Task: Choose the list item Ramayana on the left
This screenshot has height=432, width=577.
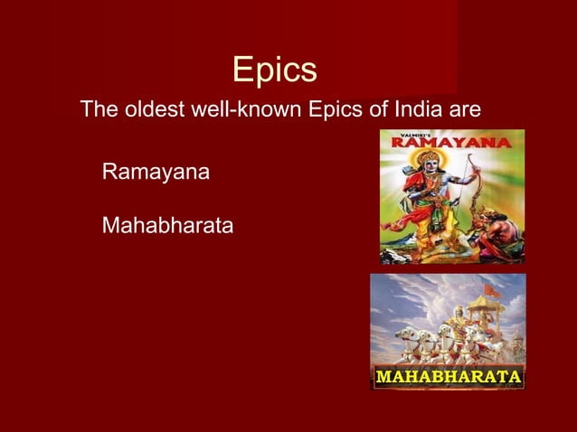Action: coord(156,170)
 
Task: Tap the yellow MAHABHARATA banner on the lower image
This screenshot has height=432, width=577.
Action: coord(448,375)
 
